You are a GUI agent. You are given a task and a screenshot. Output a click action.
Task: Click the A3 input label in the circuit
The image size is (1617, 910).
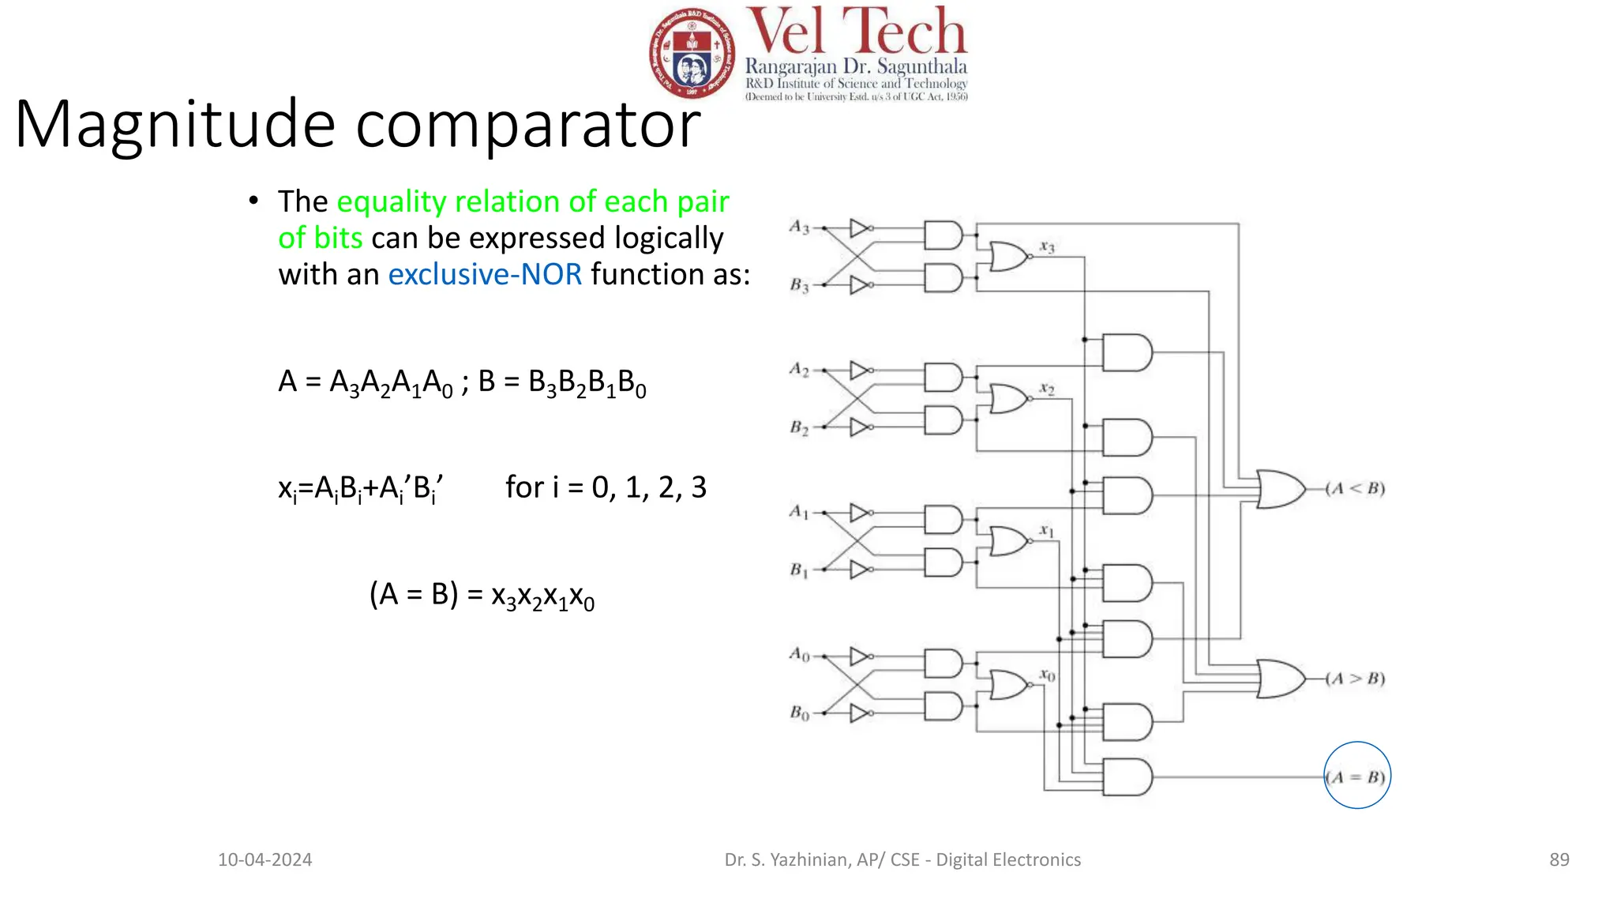pos(799,227)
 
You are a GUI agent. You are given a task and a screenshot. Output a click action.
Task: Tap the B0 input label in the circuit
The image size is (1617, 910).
pos(799,713)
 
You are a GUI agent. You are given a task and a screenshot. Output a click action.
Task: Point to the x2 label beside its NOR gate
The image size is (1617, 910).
pos(1046,389)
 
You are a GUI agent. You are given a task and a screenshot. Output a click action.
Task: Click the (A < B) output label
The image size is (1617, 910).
pos(1356,488)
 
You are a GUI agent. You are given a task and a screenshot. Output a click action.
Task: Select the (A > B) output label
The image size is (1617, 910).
pos(1356,679)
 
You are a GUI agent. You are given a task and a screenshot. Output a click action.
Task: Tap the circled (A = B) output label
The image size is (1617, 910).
pos(1356,777)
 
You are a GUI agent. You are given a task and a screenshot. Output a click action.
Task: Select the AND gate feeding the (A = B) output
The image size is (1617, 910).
pos(1127,777)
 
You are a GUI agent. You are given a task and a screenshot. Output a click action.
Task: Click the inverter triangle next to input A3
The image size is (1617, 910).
pos(860,228)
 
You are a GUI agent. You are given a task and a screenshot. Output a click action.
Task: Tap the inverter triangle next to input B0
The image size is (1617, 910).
pos(860,713)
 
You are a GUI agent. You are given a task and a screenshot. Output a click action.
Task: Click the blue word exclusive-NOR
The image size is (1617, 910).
pos(485,274)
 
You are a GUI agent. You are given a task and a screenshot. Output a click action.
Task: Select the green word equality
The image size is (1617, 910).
pos(392,201)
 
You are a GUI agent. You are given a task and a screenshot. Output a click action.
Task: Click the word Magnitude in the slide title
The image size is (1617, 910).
pos(175,124)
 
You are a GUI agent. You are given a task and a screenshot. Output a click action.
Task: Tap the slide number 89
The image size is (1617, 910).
pos(1559,859)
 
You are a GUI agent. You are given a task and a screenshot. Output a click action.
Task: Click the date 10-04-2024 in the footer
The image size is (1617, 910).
pos(264,859)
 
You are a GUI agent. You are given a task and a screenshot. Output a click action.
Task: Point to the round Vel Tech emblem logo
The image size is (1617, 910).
pos(692,54)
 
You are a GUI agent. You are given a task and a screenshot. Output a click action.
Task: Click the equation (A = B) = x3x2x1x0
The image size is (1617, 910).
pos(482,596)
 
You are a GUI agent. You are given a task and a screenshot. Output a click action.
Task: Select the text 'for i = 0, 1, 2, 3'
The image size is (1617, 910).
pos(606,487)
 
